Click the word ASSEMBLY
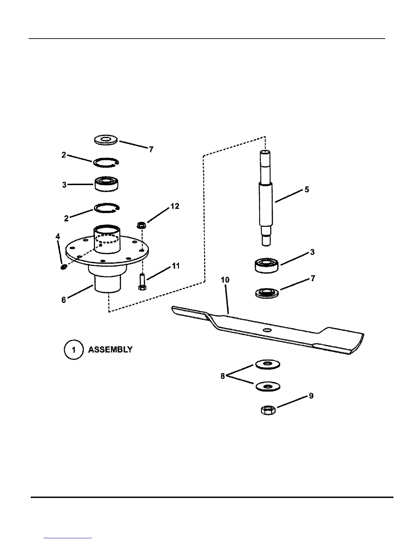point(110,350)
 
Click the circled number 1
point(73,350)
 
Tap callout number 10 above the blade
point(225,280)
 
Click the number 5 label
point(307,189)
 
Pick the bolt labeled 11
point(142,282)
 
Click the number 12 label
point(175,206)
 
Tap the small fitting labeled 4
point(63,267)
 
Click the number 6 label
point(64,300)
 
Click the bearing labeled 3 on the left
point(106,183)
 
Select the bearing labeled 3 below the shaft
point(267,265)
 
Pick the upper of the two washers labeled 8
point(267,364)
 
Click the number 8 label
point(223,376)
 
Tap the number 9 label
point(311,396)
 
